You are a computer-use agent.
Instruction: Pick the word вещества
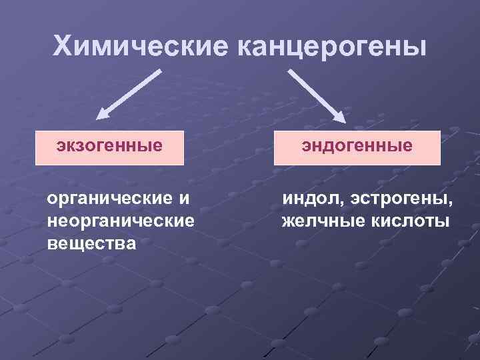[91, 243]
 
